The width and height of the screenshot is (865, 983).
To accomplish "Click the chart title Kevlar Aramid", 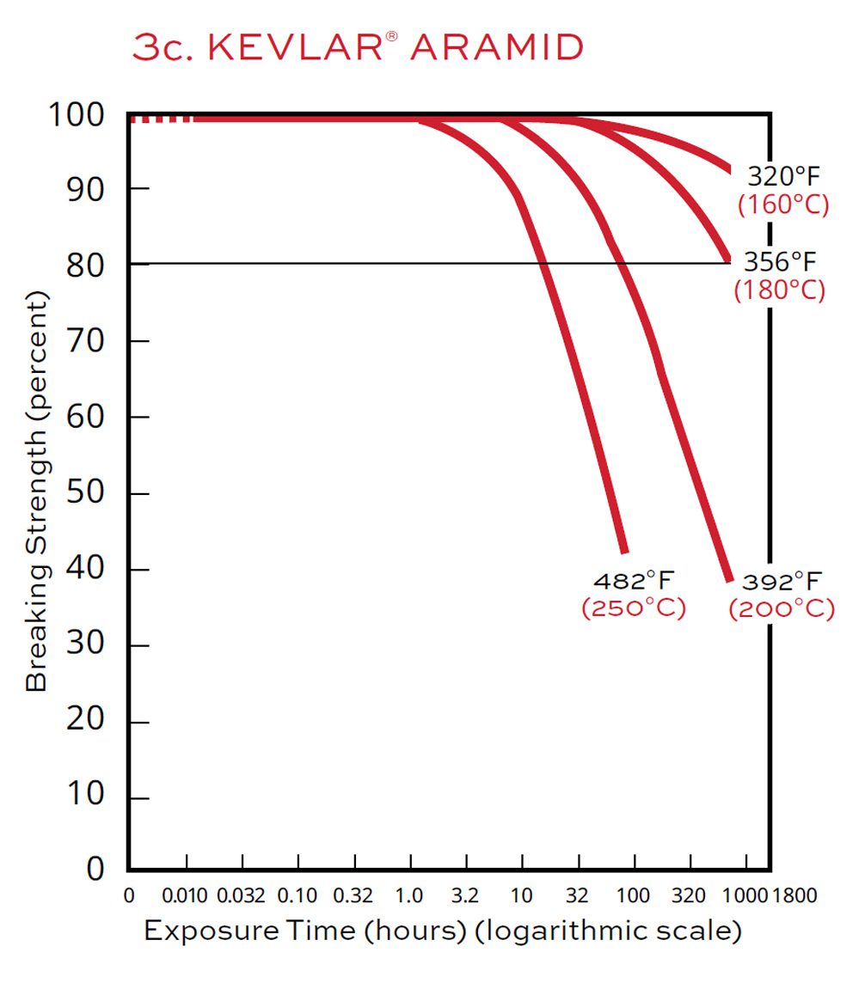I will coord(358,48).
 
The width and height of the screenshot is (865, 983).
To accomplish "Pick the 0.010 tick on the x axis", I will coord(186,896).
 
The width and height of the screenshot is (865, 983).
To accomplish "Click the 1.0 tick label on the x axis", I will coord(409,896).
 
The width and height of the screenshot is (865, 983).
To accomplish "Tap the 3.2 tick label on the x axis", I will coord(465,896).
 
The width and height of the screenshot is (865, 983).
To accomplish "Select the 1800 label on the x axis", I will coord(795,896).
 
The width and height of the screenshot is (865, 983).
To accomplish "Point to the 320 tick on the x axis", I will coord(690,896).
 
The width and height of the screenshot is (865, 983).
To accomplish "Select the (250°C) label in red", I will coord(634,608).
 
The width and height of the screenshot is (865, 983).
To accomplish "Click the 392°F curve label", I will coord(782,582).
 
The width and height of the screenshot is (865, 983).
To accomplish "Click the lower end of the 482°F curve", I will coord(623,549).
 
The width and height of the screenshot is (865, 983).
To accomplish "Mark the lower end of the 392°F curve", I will coord(728,578).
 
